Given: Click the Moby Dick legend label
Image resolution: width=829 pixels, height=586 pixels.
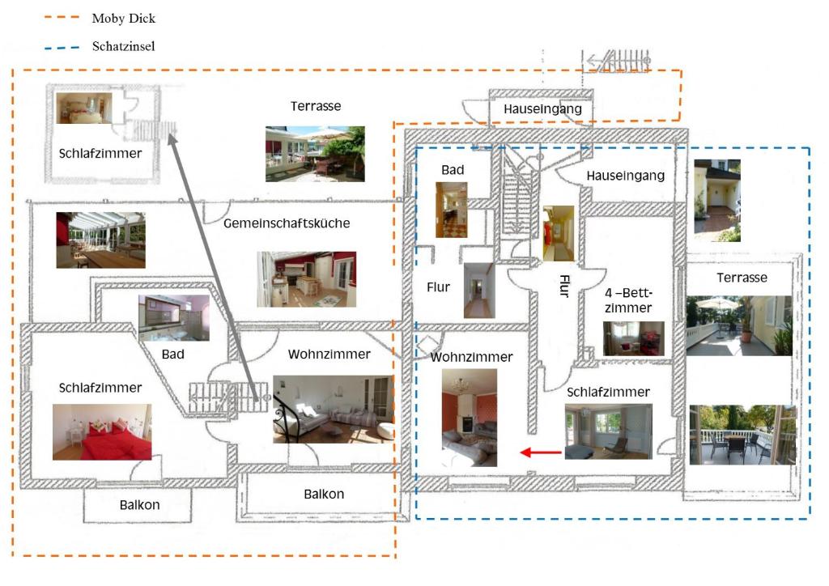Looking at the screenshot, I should point(124,18).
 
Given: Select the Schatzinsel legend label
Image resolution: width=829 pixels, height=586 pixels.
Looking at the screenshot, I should point(123,47).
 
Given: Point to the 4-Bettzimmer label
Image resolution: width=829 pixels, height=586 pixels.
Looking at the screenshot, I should point(627,299).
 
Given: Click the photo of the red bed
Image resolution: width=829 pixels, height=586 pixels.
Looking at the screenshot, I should point(102,432).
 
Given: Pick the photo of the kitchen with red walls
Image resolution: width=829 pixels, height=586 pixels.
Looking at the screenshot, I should point(307,279).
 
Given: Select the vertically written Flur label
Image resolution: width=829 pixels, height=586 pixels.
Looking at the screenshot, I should point(564,286).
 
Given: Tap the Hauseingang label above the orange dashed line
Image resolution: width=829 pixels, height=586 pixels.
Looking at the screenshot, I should point(542,109).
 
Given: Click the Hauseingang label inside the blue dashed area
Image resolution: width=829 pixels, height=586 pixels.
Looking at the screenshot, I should point(625,176).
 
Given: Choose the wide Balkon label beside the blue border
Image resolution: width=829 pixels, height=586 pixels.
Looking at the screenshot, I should point(324,495).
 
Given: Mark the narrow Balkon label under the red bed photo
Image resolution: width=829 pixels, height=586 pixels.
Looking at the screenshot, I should point(139,505).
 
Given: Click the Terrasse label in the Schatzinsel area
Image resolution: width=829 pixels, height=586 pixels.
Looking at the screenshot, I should point(742,278).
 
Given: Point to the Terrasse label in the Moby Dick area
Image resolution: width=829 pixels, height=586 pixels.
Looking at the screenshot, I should point(316,106).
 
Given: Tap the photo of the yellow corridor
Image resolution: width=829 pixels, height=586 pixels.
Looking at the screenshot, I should point(558,233).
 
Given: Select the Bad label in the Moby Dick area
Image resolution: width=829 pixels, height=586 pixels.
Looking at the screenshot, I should point(173,355).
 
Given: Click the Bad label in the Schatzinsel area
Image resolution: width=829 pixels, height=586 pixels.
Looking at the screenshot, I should point(453,170).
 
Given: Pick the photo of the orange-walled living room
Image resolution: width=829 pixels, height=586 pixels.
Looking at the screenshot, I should point(470,417).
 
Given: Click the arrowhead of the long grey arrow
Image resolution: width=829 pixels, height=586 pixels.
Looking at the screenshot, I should point(171,138).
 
